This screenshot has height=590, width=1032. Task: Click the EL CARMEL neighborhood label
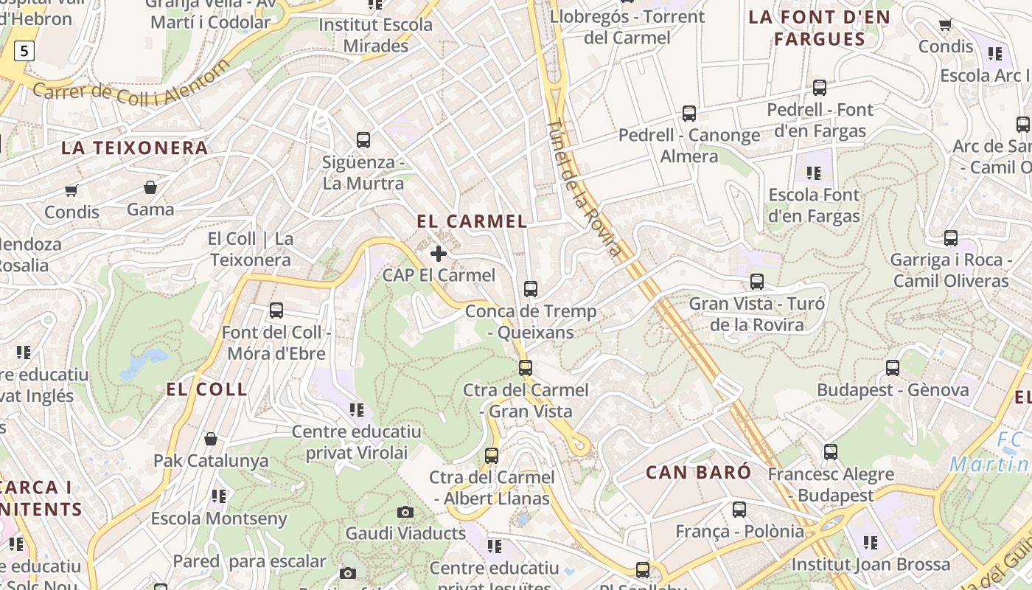coord(472,221)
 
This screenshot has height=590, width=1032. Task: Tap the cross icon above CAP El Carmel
coord(439,254)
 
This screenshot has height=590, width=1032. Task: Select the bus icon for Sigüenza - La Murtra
coord(363,140)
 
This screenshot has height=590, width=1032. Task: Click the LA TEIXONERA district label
coord(134,148)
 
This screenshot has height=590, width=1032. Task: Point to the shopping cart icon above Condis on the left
coord(72,191)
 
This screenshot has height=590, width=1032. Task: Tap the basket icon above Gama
coord(150,188)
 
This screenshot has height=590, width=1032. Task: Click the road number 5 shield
coord(24,51)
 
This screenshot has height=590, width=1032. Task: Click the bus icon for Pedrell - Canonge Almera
coord(689,114)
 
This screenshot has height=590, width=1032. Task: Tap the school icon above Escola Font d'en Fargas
coord(814,173)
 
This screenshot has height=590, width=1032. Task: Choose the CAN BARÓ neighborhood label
coord(698,472)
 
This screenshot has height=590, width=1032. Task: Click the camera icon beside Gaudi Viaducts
coord(405,512)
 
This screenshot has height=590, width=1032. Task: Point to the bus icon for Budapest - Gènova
coord(893,368)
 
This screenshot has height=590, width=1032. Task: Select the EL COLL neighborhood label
coord(206,389)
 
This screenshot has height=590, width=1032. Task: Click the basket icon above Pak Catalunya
coord(211,440)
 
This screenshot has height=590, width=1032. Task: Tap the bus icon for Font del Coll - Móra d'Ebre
coord(276,310)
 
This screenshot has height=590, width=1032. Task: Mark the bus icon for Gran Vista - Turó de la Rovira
coord(757,282)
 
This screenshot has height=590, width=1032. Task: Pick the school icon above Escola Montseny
coord(219,496)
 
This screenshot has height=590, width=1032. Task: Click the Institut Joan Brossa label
coord(871,565)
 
